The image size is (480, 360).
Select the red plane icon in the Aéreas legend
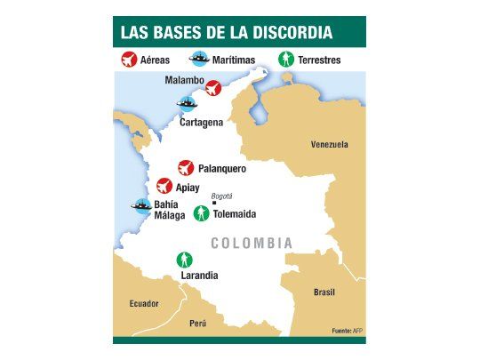[x=130, y=60]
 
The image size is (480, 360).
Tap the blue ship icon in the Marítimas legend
[x=199, y=60]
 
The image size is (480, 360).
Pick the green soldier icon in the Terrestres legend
[x=286, y=60]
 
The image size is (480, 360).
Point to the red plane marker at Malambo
[x=213, y=88]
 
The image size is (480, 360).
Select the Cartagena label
[x=201, y=122]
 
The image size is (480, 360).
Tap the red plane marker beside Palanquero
[x=185, y=167]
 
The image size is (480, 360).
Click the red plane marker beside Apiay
[x=164, y=186]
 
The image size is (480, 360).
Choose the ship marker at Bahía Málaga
[x=140, y=204]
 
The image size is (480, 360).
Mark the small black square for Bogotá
[x=214, y=203]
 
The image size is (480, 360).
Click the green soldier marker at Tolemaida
[x=202, y=213]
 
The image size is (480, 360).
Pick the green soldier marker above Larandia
[x=185, y=260]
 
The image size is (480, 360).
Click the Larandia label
[x=199, y=276]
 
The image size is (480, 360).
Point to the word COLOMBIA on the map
[x=252, y=243]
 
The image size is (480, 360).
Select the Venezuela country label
[x=329, y=144]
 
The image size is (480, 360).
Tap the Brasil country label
[x=324, y=292]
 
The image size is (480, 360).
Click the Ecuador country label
[x=143, y=303]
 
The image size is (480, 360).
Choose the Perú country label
[x=197, y=323]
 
